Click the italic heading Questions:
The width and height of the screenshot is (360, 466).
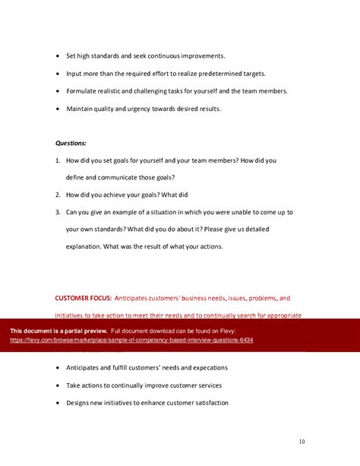71,142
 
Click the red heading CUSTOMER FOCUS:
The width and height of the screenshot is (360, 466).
84,298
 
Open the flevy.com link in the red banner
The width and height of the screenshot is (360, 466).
131,340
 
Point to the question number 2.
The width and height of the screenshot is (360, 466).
58,194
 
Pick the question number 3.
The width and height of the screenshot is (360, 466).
58,212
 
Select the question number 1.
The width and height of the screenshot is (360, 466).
58,160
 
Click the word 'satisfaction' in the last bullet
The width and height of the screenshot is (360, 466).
207,403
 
